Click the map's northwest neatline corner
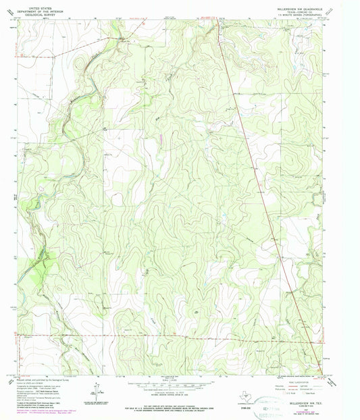click(18, 20)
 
